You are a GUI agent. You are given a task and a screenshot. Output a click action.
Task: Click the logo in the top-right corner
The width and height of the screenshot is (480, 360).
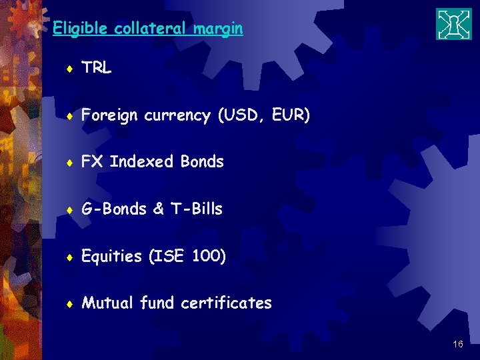click(453, 24)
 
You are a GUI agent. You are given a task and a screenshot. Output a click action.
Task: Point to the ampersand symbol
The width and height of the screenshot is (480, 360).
click(158, 209)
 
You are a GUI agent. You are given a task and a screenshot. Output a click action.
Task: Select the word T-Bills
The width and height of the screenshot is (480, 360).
click(197, 209)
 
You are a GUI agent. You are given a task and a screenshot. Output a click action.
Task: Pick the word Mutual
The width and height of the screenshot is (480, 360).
click(107, 303)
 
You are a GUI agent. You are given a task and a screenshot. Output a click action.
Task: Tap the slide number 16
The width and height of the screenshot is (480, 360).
click(457, 344)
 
